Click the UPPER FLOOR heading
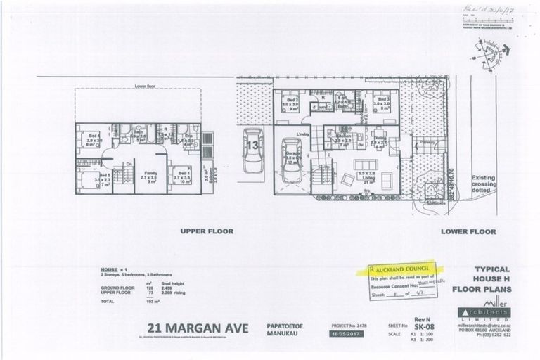206,231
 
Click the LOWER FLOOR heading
469,231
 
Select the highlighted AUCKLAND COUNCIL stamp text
404,269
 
